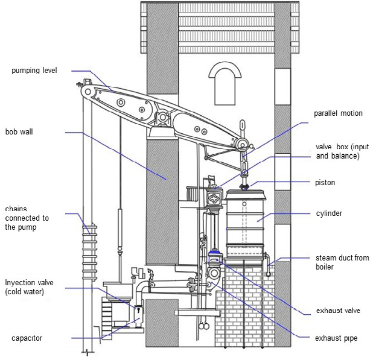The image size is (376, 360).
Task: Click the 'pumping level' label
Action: (x=34, y=71)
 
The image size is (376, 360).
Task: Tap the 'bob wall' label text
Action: (x=19, y=131)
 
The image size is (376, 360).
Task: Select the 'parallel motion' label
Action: (x=338, y=113)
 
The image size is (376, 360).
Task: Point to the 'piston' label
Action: (x=325, y=183)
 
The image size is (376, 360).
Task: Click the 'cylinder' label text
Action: (x=329, y=213)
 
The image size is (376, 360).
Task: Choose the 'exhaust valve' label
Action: (x=338, y=311)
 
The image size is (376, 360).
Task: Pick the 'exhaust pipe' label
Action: (x=336, y=338)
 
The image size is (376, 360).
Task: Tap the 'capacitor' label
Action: (x=27, y=338)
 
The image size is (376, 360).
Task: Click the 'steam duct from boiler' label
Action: (x=342, y=262)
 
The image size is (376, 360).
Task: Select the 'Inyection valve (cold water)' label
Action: (x=29, y=287)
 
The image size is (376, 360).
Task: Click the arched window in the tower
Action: (x=225, y=83)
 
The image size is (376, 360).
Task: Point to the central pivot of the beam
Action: (x=163, y=118)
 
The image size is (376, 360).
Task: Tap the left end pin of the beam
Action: (x=88, y=92)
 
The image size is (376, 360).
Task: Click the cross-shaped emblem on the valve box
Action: (x=215, y=198)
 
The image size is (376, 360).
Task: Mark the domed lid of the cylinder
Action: (x=245, y=194)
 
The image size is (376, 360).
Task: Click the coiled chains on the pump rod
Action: (x=90, y=251)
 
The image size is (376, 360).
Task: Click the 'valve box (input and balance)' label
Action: (x=342, y=151)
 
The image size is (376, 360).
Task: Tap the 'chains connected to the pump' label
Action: (x=27, y=218)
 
